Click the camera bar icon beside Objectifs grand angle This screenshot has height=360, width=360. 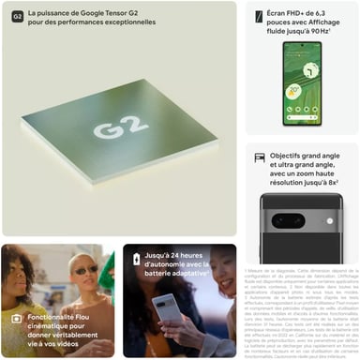(260, 157)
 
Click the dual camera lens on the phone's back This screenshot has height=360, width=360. (286, 221)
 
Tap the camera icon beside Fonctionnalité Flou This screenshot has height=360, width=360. (16, 319)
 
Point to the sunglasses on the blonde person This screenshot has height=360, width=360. (86, 271)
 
